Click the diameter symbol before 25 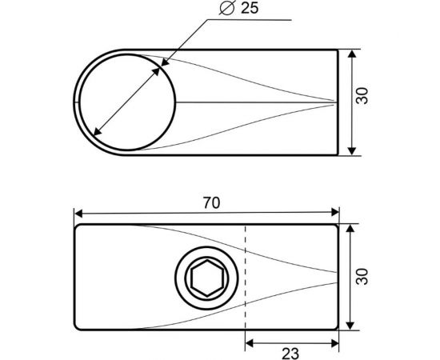click(x=226, y=8)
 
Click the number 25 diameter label click(x=250, y=8)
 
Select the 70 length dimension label click(x=211, y=203)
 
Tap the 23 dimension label click(x=290, y=354)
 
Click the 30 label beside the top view click(x=362, y=96)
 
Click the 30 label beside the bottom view click(x=362, y=276)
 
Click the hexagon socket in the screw click(x=207, y=278)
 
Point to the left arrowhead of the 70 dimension click(x=78, y=214)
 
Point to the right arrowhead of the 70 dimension click(x=335, y=213)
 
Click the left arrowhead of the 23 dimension click(x=250, y=343)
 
